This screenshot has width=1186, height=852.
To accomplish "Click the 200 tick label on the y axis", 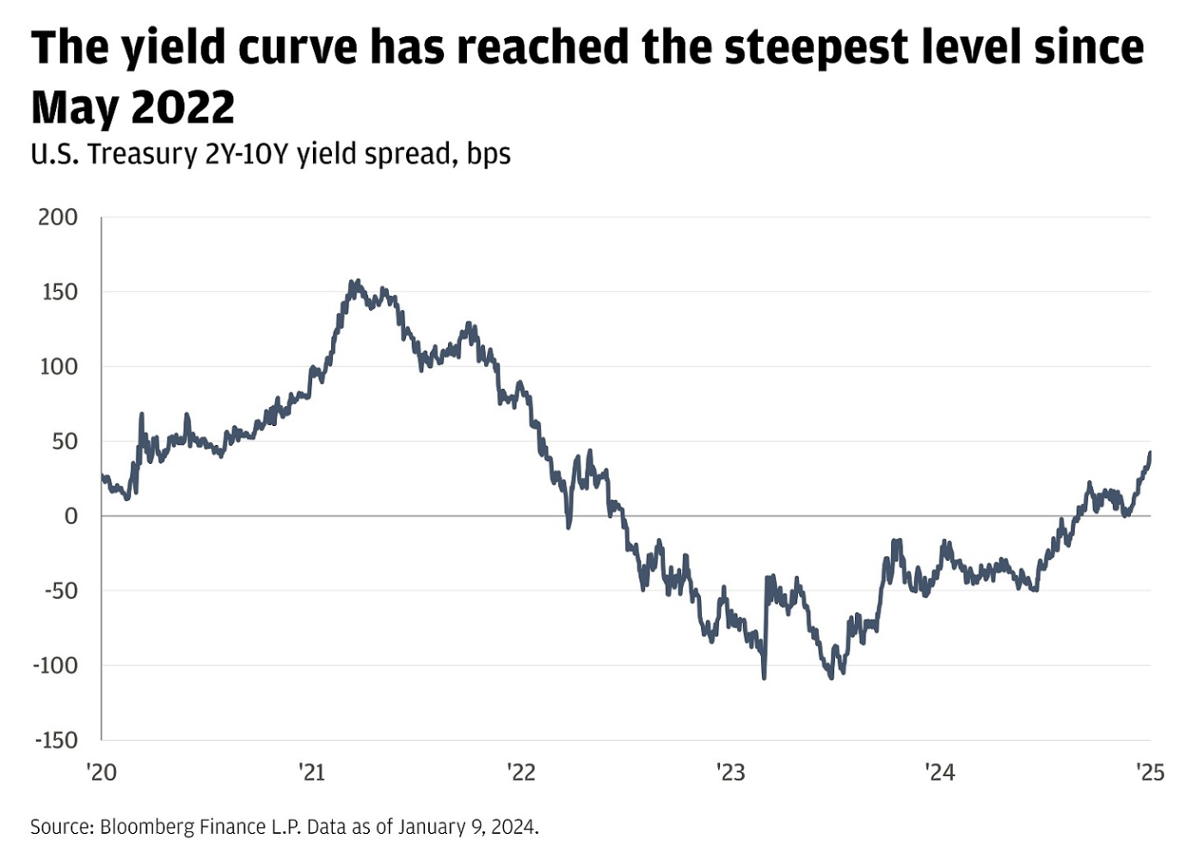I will [x=58, y=217].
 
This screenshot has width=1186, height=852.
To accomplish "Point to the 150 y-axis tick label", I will [x=58, y=292].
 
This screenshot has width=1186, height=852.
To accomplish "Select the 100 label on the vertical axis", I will [x=58, y=367].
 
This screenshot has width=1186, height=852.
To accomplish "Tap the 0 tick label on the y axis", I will [x=71, y=516].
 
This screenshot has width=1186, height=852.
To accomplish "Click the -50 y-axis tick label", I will [x=56, y=591].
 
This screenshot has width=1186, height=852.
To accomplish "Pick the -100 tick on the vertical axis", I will [x=55, y=665].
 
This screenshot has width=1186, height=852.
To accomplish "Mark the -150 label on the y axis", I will [x=55, y=740].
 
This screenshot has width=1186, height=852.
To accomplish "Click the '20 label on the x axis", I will [x=101, y=772].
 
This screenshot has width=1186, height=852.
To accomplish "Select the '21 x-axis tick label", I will [x=311, y=772].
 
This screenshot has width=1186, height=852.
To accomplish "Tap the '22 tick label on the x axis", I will [x=521, y=772].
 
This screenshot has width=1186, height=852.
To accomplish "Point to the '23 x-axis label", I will [x=730, y=772].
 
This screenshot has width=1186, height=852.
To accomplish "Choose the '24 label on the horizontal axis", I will [x=940, y=772].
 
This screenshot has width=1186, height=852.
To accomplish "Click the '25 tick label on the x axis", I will [x=1150, y=772].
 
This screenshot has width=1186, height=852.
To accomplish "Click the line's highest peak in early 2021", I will [x=353, y=281].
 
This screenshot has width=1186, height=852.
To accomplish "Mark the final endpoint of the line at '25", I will [x=1150, y=454].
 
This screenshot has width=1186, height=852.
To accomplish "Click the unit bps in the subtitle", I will [x=489, y=155].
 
